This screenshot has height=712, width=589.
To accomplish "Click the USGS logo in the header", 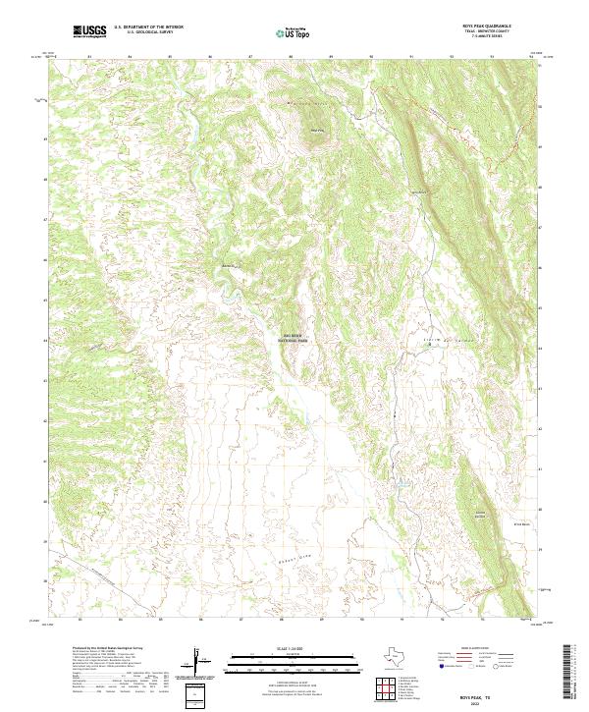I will (89, 31).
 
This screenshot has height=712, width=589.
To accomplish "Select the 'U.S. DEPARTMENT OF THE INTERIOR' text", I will (148, 27).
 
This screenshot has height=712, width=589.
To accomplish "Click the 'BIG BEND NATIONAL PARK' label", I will (294, 339).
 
